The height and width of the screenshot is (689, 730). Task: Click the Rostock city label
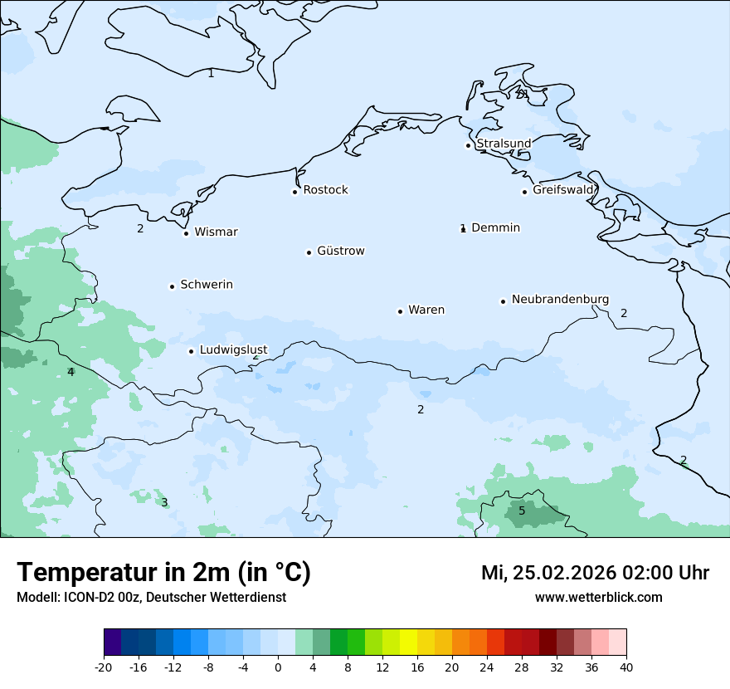(325, 190)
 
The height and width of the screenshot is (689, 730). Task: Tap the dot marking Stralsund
(468, 145)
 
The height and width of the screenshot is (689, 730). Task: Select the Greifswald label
(563, 190)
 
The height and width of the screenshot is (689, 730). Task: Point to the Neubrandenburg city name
(560, 300)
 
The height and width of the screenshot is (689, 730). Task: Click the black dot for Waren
(400, 311)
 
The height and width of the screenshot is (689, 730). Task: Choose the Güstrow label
(340, 251)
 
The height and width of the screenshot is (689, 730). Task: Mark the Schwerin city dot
(172, 286)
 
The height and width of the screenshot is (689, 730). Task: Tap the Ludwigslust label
(233, 350)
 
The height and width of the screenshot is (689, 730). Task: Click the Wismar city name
(216, 232)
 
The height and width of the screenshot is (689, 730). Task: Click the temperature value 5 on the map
(522, 511)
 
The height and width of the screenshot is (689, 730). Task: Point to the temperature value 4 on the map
(71, 372)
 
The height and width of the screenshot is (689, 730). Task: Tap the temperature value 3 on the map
(164, 502)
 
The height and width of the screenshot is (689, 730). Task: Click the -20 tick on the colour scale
(104, 667)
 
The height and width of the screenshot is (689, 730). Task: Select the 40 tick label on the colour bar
(626, 667)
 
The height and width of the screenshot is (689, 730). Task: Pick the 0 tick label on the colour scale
(278, 667)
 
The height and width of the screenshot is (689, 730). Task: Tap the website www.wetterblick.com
(598, 597)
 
